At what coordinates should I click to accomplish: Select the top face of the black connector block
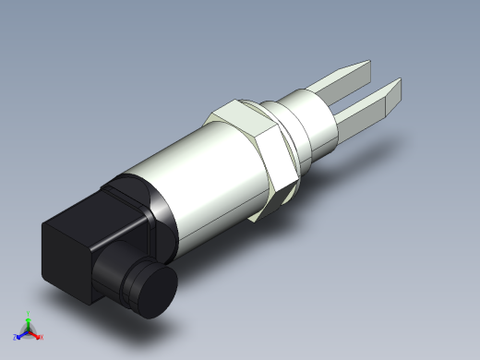pos(88,214)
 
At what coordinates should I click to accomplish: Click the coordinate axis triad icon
pos(29,328)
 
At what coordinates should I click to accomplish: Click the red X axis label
pos(42,337)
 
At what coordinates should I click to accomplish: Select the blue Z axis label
pos(17,337)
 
